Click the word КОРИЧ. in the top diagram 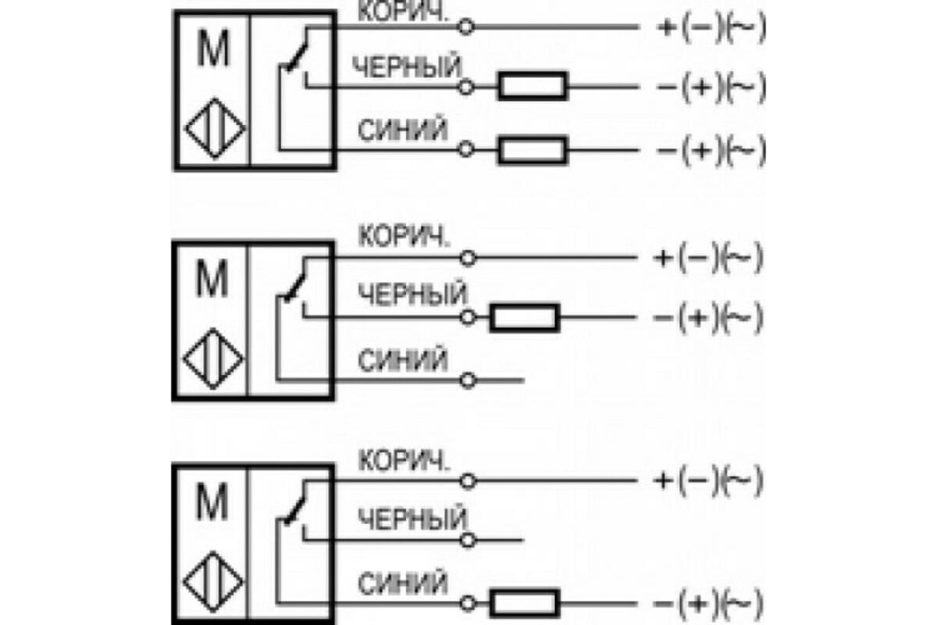pos(403,15)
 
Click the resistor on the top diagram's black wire pos(533,86)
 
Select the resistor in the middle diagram pos(524,317)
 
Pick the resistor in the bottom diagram pos(524,603)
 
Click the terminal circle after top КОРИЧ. pos(465,28)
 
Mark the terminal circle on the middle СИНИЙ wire pos(467,380)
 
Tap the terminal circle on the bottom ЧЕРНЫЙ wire pos(467,540)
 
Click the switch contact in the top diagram pos(296,55)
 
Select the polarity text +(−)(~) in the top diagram pos(711,28)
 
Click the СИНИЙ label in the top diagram pos(403,130)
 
